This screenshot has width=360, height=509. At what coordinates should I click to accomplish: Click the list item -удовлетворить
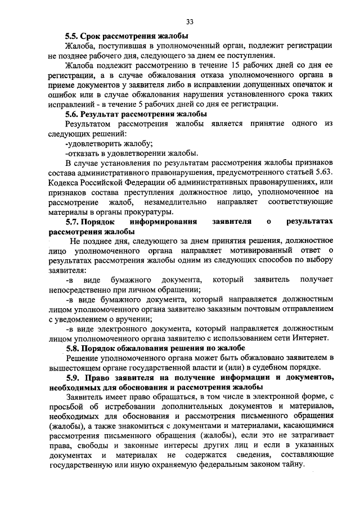click(93, 143)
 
